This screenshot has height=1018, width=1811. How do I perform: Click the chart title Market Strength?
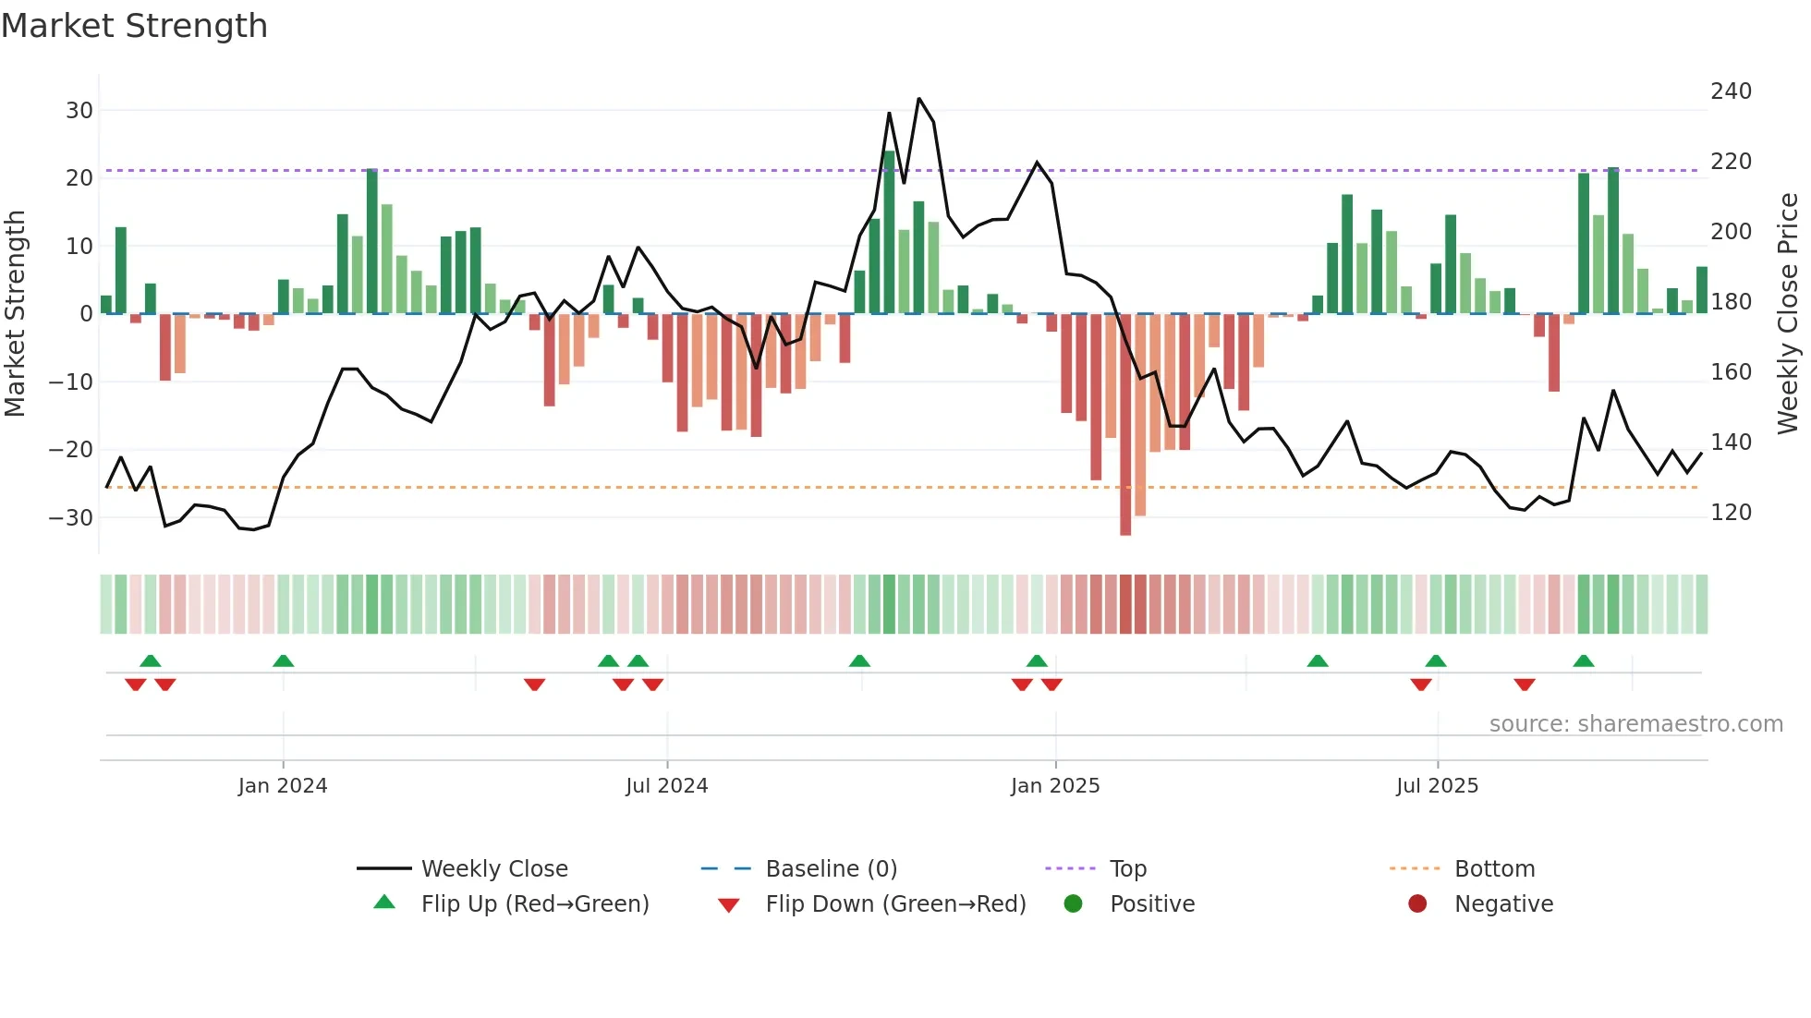pyautogui.click(x=135, y=26)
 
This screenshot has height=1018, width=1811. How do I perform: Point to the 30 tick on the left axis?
pyautogui.click(x=79, y=111)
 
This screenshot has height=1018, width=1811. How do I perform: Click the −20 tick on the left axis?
pyautogui.click(x=72, y=450)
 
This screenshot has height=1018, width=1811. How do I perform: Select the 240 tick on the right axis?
pyautogui.click(x=1731, y=91)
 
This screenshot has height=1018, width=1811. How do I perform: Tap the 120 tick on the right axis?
pyautogui.click(x=1731, y=513)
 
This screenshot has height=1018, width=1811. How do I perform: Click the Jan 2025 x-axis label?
pyautogui.click(x=1055, y=786)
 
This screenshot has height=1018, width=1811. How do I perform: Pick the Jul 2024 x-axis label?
pyautogui.click(x=666, y=786)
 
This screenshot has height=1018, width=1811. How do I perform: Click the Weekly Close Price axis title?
pyautogui.click(x=1788, y=314)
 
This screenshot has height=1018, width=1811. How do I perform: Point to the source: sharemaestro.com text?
pyautogui.click(x=1635, y=724)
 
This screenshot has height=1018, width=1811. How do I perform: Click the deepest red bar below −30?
pyautogui.click(x=1125, y=425)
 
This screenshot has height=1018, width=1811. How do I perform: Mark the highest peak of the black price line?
pyautogui.click(x=918, y=99)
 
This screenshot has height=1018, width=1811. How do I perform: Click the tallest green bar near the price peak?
pyautogui.click(x=889, y=231)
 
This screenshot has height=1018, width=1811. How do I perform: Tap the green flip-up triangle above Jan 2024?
pyautogui.click(x=284, y=660)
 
